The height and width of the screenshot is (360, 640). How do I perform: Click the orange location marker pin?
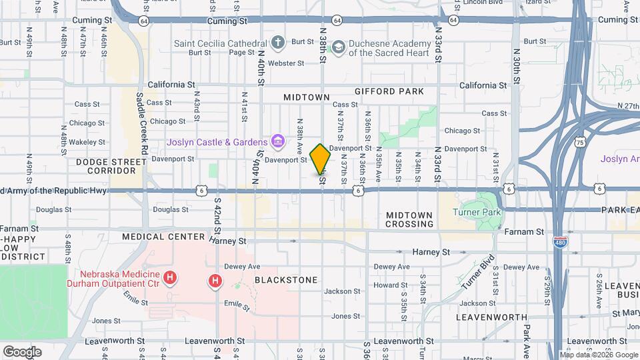click(x=321, y=159)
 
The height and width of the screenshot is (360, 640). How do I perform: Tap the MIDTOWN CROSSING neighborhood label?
click(x=409, y=219)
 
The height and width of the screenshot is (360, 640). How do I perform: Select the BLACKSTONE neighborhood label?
click(x=286, y=280)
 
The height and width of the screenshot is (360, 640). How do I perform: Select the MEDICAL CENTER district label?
click(x=163, y=237)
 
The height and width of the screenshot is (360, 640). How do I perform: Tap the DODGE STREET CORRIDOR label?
click(x=110, y=166)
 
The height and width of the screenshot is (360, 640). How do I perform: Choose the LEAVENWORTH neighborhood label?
click(x=492, y=317)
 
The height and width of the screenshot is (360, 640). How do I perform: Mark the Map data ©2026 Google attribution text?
click(x=598, y=355)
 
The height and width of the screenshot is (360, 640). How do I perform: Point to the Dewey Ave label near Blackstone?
click(x=245, y=265)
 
